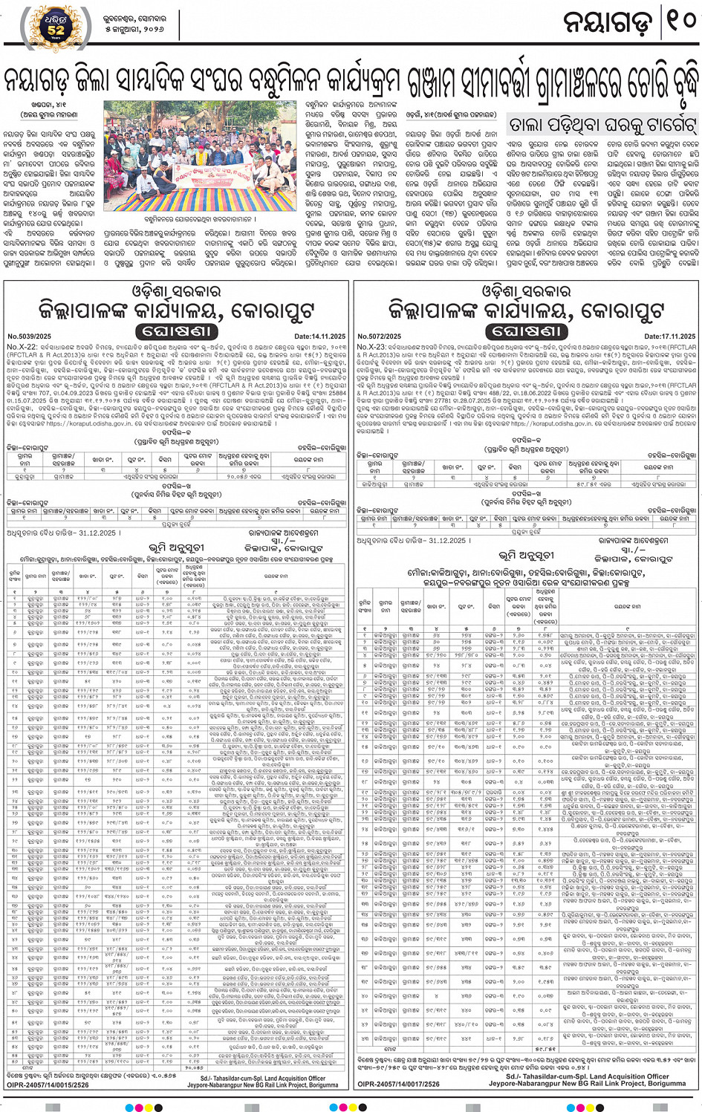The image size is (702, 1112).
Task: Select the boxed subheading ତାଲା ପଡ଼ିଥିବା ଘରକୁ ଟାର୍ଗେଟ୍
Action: (x=602, y=124)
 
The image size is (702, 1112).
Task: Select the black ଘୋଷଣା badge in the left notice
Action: (x=176, y=331)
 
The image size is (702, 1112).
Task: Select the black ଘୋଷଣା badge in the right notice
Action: (x=527, y=331)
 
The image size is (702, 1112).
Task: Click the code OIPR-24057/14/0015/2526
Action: (x=48, y=1085)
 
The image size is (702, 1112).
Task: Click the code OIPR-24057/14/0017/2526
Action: (x=398, y=1084)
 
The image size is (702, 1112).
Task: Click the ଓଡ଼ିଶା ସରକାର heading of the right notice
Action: (x=527, y=290)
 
